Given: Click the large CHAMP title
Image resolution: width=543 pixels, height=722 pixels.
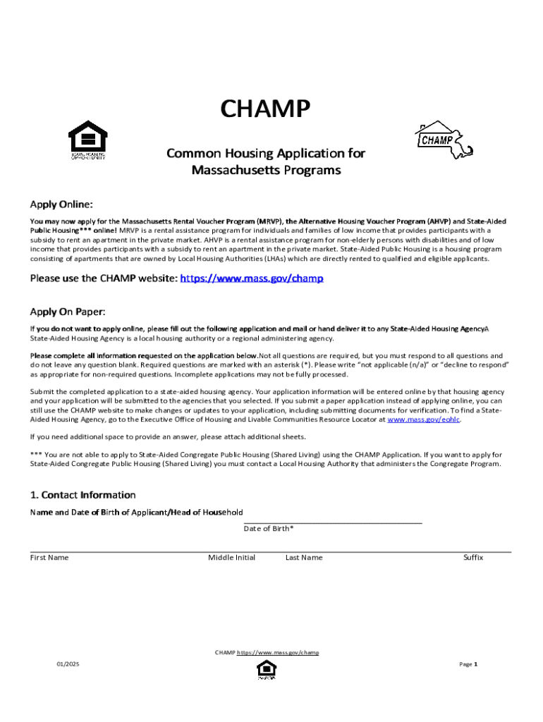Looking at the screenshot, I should point(265,110).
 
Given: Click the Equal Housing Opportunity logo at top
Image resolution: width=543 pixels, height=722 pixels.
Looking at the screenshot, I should point(87,140).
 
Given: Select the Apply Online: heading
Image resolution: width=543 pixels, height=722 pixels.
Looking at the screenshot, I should point(61,204).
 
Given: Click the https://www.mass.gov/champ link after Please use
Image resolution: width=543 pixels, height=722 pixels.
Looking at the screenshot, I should point(252,279).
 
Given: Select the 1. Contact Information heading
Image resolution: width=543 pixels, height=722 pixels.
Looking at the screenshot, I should point(83,495).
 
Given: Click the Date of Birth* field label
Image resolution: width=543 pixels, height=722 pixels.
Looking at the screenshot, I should point(269,529).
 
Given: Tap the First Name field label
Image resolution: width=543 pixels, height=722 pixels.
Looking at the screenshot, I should point(49,558).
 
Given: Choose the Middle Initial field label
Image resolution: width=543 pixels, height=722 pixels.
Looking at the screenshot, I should point(231,558).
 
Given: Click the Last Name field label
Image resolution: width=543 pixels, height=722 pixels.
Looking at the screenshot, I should point(304,558).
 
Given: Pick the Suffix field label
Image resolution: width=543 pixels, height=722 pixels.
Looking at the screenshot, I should point(472,558).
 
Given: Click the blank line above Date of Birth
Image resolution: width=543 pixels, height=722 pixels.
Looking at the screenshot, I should point(332,522).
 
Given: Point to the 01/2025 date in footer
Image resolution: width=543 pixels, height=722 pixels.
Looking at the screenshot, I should point(68,664).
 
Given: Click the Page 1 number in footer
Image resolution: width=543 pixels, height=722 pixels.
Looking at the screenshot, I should point(468,664).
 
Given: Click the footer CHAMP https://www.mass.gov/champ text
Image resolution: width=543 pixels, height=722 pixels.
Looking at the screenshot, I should point(267,652).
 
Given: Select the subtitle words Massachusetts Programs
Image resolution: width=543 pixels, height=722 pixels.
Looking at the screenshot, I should point(266,171).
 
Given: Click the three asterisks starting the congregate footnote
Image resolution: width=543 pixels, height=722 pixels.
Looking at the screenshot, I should point(35,455).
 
